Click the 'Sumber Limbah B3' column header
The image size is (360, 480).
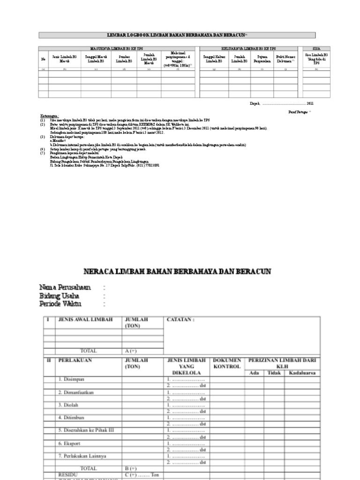tap(124, 59)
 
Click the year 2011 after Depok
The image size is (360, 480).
tap(310, 103)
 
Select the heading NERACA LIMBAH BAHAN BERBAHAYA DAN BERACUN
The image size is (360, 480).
tap(177, 272)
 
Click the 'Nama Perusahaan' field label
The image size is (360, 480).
tap(65, 287)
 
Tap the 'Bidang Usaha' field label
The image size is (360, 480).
tap(59, 296)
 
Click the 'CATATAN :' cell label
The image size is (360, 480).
tap(180, 320)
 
